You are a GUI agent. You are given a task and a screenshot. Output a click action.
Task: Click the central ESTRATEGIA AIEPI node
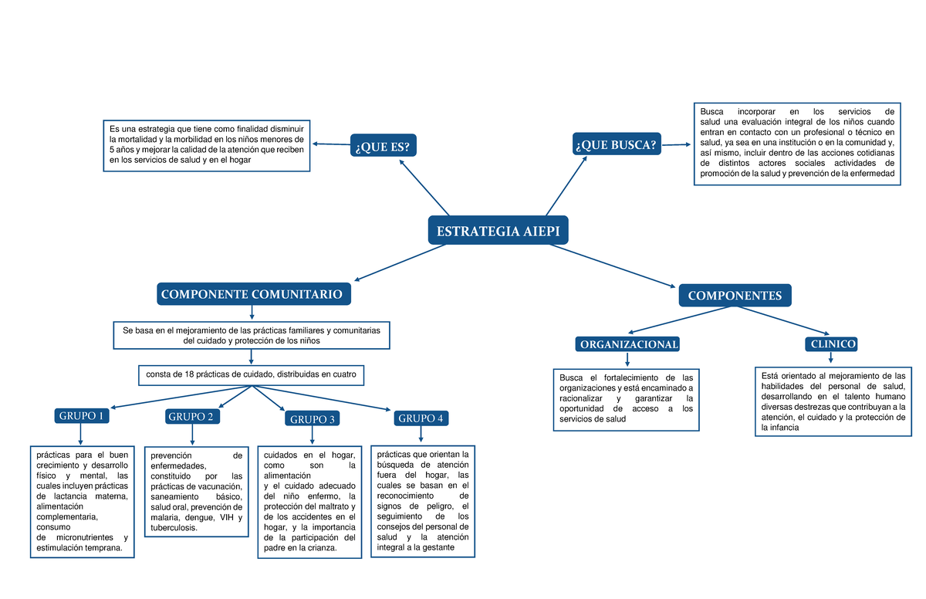pos(498,231)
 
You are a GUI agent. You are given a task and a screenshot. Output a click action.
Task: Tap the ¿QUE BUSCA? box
pos(617,144)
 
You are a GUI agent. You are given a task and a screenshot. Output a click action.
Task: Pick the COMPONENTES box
pos(735,296)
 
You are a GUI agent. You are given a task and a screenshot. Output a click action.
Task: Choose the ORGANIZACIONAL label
pos(629,344)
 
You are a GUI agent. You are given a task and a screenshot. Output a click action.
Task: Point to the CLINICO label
pos(830,344)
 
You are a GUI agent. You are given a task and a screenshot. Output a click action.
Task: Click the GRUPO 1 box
pos(80,416)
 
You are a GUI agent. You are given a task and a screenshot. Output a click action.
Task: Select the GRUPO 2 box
pos(191,417)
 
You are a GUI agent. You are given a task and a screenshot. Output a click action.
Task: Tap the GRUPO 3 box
pos(312,419)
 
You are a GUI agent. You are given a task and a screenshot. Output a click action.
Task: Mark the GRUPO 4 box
pos(421,418)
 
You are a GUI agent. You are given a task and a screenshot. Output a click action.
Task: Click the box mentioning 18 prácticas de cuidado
pos(251,375)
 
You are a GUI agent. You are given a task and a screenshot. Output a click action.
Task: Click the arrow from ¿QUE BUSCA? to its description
pos(676,144)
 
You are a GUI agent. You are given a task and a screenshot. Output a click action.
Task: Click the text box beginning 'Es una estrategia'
pos(207,144)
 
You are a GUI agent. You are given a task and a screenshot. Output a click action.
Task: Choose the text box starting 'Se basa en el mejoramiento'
pos(252,335)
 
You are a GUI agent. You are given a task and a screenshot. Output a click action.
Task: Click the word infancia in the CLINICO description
pos(784,428)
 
